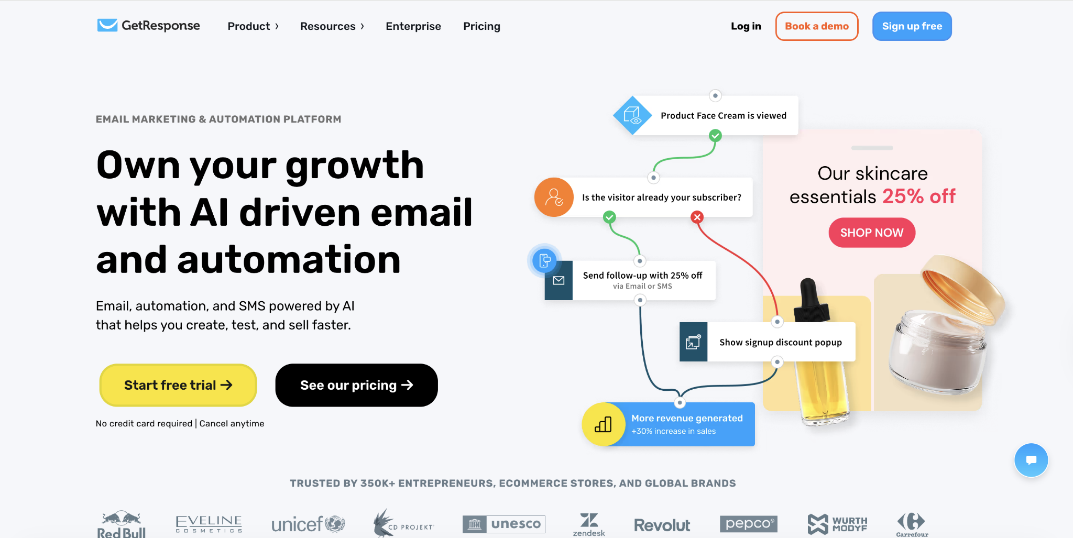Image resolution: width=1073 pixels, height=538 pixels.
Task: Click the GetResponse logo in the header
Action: coord(149,26)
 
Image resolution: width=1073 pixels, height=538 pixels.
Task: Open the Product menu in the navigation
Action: coord(253,26)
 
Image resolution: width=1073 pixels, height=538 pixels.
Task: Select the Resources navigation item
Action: coord(332,26)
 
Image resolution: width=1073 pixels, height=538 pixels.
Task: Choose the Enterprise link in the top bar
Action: coord(413,26)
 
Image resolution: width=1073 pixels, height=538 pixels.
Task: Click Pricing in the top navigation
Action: coord(481,26)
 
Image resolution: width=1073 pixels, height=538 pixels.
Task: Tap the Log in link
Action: coord(746,26)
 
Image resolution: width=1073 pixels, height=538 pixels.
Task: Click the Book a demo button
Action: coord(816,26)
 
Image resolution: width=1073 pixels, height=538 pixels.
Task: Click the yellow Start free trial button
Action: coord(178,385)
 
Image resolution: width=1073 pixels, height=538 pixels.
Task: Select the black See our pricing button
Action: coord(356,385)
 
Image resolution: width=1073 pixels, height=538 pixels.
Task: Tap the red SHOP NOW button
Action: coord(872,233)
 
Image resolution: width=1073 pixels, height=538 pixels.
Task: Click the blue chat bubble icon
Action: coord(1031,460)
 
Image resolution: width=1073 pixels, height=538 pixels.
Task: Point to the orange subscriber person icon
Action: coord(554,197)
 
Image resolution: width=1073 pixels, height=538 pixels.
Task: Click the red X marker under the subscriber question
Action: coord(697,217)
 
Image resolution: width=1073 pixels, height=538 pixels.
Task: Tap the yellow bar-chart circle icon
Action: coord(603,424)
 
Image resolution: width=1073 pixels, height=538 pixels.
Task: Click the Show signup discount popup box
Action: coord(780,342)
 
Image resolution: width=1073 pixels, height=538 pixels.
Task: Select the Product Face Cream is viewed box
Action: coord(723,115)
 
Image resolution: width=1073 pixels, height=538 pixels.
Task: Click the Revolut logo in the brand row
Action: coord(662,525)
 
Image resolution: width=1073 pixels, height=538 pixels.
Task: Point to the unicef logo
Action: coord(308,524)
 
